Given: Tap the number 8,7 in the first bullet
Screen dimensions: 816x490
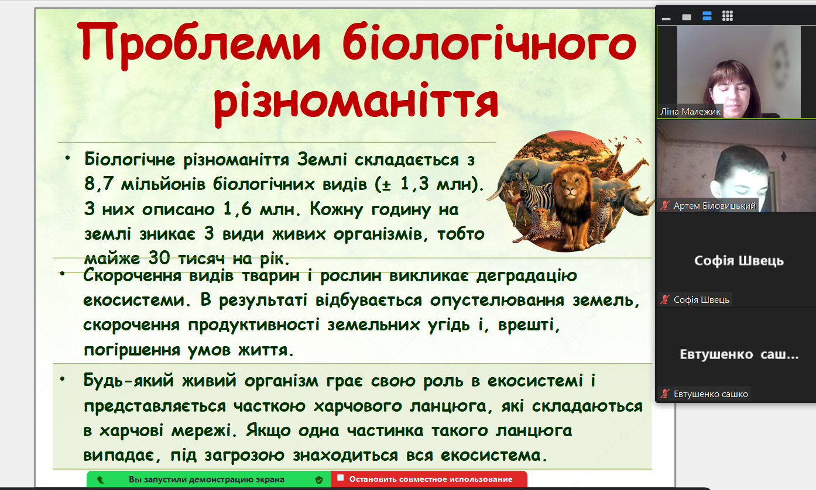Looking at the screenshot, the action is (98, 184).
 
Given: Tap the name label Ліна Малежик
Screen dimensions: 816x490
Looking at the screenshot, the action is (690, 111).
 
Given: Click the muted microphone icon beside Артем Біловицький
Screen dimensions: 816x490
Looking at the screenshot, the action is (665, 205).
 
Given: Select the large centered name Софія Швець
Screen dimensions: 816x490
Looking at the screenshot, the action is (738, 260).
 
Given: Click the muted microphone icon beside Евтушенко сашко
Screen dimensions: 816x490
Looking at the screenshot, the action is (665, 394).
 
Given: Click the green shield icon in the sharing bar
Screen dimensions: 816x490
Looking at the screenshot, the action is (319, 480).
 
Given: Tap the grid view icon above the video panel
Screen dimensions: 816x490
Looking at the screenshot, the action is (728, 16).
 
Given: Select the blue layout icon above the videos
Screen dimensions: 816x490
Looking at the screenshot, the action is (707, 16).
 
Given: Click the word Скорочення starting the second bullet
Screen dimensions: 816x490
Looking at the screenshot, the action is (132, 275).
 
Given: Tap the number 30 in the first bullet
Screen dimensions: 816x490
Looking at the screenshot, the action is (159, 258).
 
